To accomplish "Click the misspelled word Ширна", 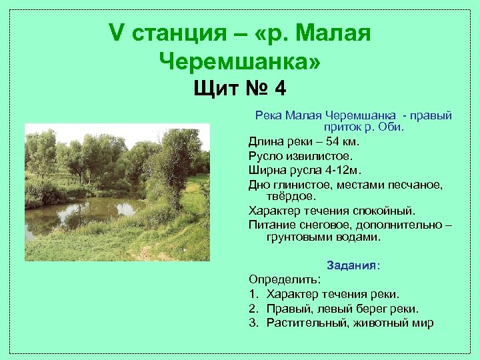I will point(265,169).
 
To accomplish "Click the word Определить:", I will point(285,279).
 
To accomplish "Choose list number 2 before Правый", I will point(253,308).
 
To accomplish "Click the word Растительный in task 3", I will point(303,323).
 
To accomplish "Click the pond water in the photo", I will point(93,213).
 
